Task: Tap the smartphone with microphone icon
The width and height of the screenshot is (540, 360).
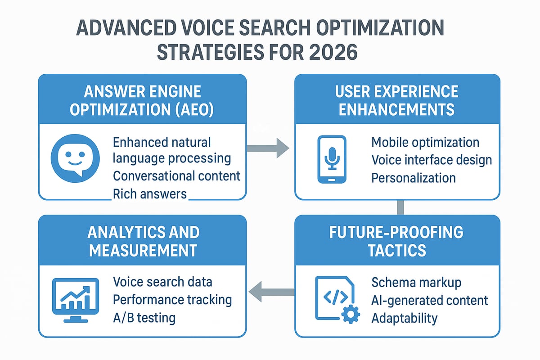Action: (x=332, y=159)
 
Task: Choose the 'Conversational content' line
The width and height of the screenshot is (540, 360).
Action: (x=176, y=176)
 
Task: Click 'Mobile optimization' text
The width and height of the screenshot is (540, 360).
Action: (x=425, y=143)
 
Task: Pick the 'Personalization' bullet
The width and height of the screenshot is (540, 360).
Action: (x=414, y=178)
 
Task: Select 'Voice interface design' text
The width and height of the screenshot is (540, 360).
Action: (x=432, y=160)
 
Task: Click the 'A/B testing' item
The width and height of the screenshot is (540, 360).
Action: (x=144, y=318)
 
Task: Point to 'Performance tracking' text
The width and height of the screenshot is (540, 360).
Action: (x=172, y=300)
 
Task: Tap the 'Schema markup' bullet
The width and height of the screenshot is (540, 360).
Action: (x=416, y=283)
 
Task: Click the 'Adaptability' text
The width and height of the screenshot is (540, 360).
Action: (x=405, y=318)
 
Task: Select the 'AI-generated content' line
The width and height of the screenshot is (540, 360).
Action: (x=430, y=300)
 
